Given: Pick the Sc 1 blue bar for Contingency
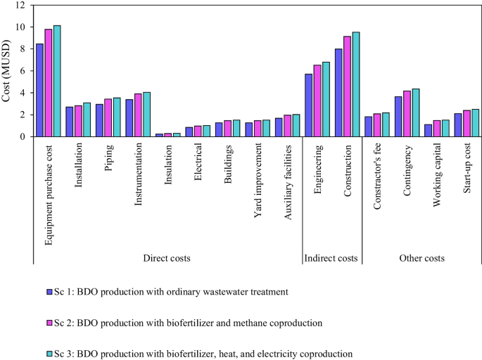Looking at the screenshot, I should point(398,117).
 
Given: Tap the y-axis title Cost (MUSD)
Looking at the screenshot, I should point(6,71).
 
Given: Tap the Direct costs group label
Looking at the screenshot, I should point(166,259).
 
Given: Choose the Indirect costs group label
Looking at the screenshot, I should point(331,259).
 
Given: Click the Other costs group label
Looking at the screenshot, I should point(421,259).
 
